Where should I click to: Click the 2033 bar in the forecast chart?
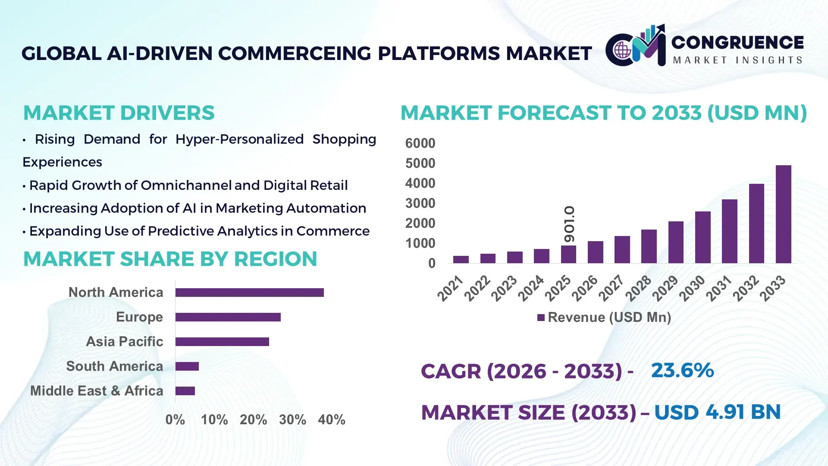click(x=783, y=214)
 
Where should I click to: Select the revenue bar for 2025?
click(x=568, y=255)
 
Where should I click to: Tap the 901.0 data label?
click(x=569, y=224)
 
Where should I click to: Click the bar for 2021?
click(x=461, y=259)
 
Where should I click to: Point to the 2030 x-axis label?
click(x=692, y=288)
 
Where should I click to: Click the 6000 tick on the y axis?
click(x=420, y=143)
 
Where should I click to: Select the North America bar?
click(x=249, y=293)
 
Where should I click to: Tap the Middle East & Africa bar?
click(x=185, y=391)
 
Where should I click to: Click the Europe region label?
click(x=139, y=317)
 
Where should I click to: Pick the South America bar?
click(x=187, y=366)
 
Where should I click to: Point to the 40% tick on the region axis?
click(x=331, y=420)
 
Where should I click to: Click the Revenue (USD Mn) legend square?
click(x=541, y=318)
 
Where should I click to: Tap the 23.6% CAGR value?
click(x=682, y=370)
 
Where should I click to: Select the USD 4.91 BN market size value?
click(x=717, y=412)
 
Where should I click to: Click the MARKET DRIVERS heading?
click(x=119, y=113)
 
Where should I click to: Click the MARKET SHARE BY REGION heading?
click(x=170, y=259)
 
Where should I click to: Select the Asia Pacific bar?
click(x=222, y=342)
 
